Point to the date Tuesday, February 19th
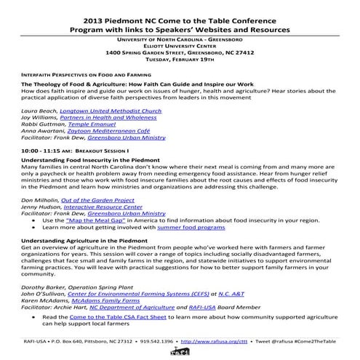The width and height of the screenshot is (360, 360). tap(179, 60)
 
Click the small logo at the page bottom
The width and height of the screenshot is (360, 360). tap(180, 352)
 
